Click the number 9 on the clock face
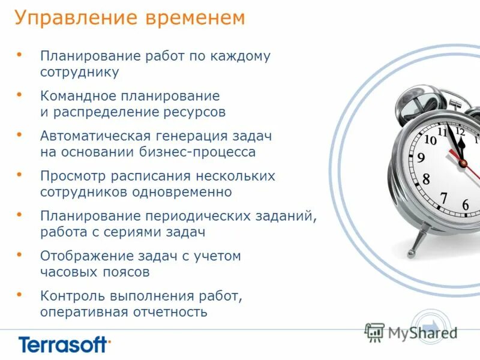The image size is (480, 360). click(x=421, y=158)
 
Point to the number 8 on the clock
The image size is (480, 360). click(x=426, y=179)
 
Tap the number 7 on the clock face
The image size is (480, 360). click(x=443, y=197)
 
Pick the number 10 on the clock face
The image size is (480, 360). click(x=430, y=140)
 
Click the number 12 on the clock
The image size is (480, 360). click(x=460, y=130)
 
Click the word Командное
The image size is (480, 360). click(x=77, y=96)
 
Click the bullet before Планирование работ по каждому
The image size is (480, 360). click(x=20, y=55)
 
